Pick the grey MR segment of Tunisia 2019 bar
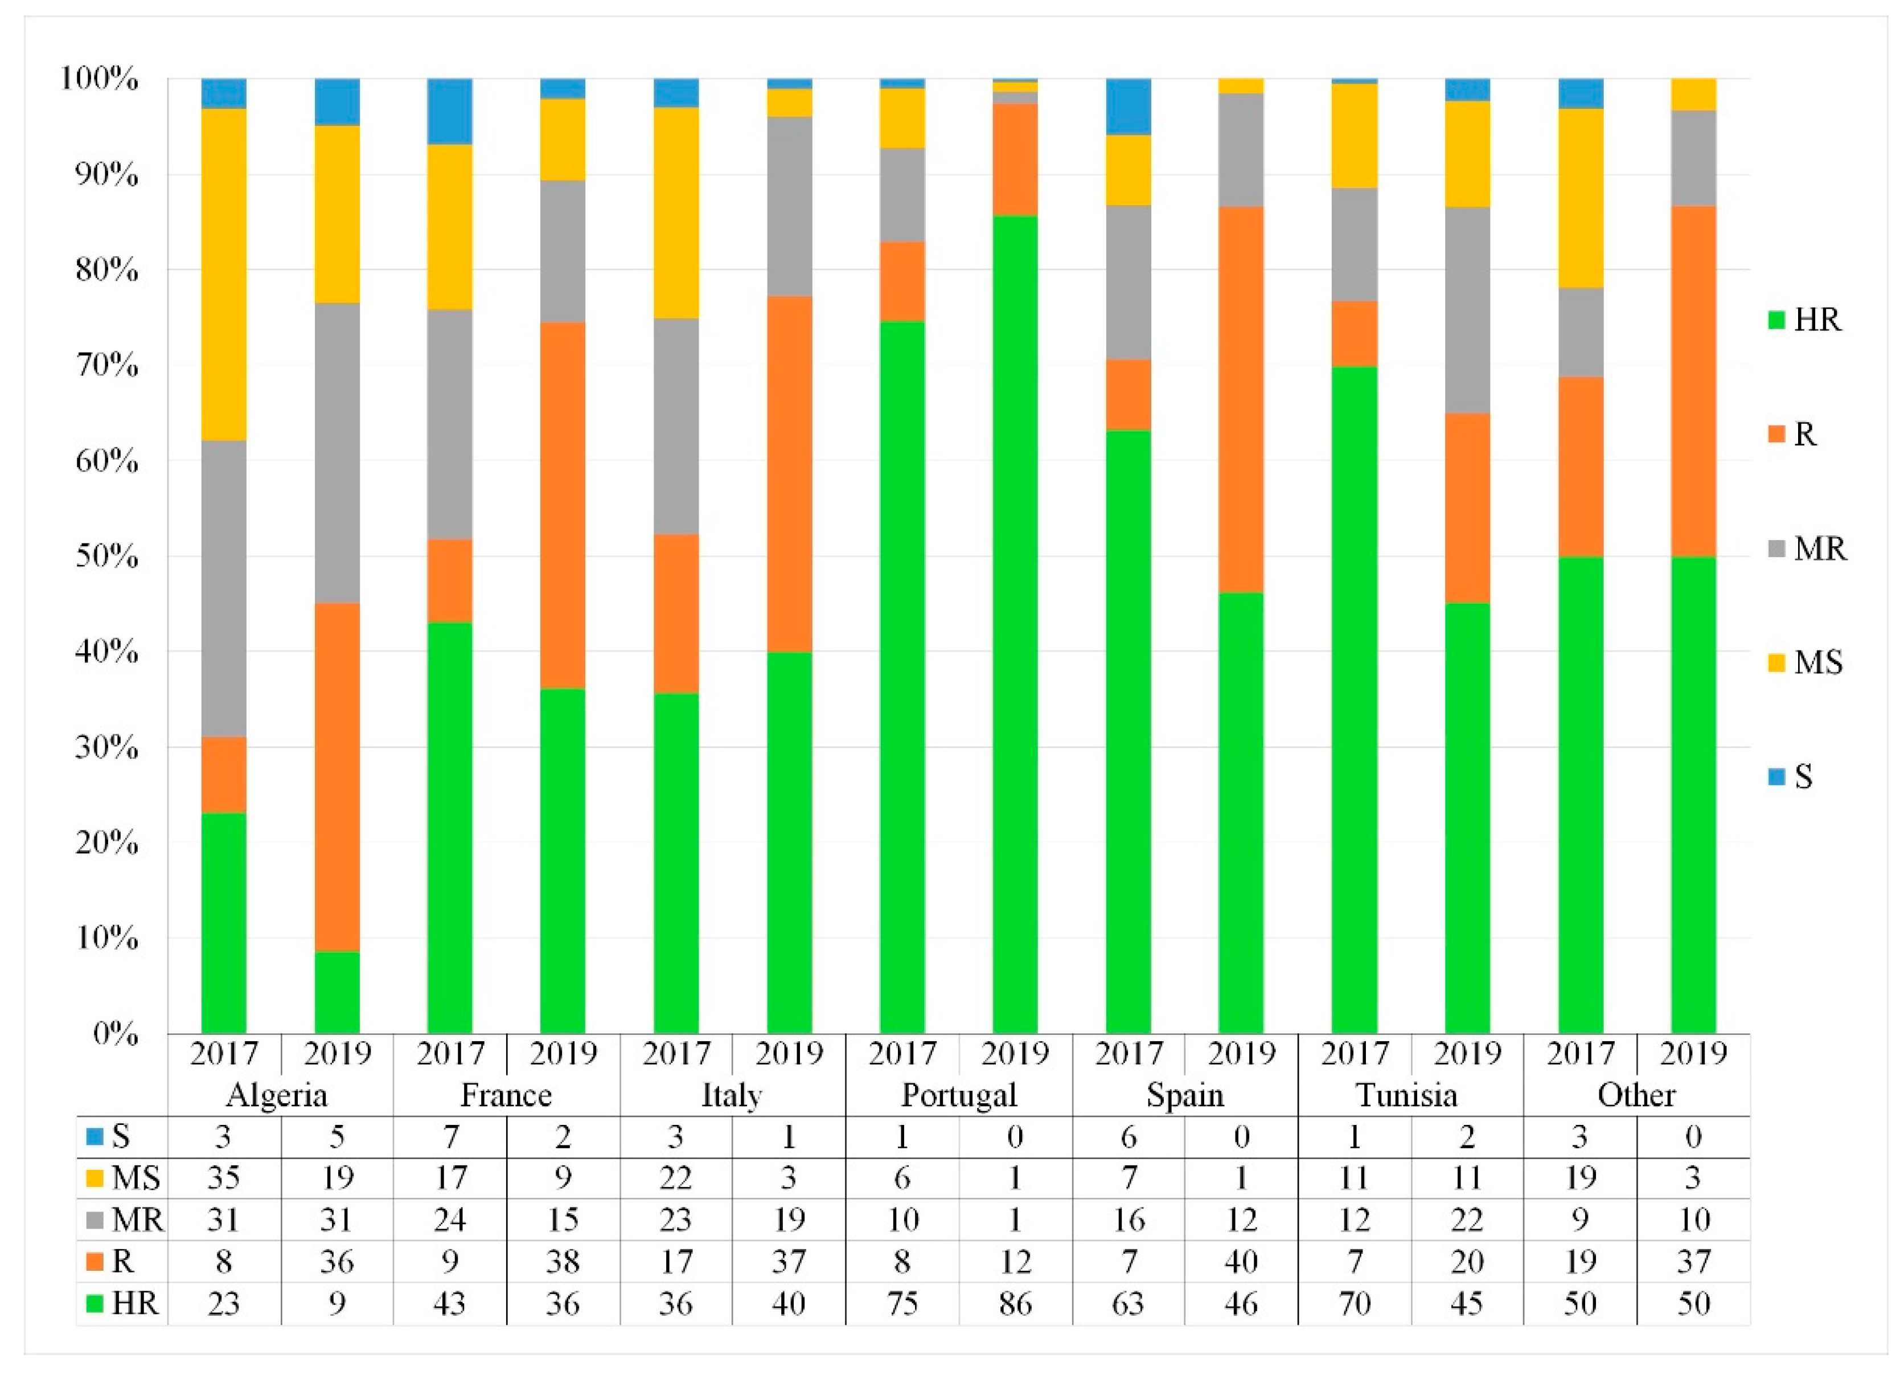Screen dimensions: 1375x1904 click(x=1467, y=309)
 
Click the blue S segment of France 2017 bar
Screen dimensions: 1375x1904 click(x=450, y=111)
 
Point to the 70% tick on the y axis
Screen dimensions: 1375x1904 click(x=108, y=365)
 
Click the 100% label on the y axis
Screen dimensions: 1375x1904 click(x=99, y=79)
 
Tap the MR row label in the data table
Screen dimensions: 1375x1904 click(x=126, y=1220)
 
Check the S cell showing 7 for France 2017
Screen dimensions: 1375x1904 click(x=450, y=1136)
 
